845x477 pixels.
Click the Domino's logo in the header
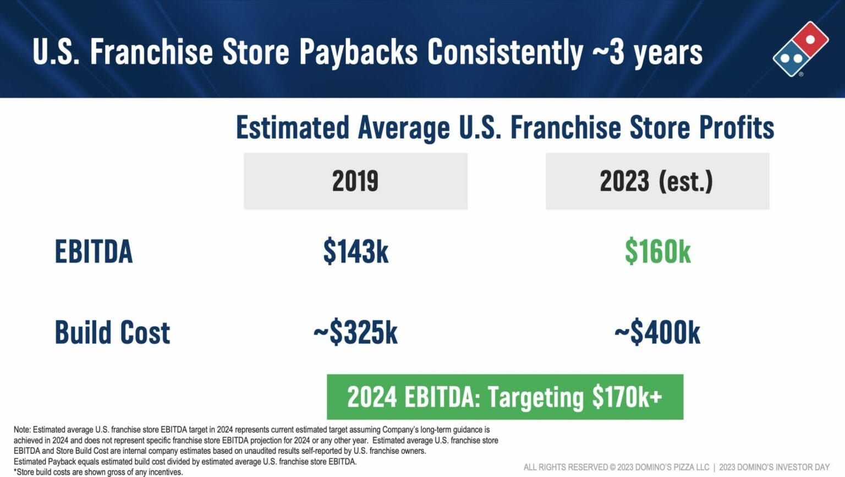pos(800,48)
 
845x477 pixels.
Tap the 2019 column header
pos(355,181)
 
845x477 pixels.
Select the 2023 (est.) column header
pos(657,181)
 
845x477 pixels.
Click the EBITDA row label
pos(94,251)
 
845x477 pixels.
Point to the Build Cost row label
pos(112,332)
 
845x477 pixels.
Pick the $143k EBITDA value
pos(356,251)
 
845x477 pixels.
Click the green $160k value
pos(658,251)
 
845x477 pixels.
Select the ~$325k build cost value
pos(355,332)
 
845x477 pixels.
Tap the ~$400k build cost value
pos(657,332)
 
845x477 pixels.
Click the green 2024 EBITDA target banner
pos(505,397)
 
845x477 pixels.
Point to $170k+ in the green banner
pos(627,397)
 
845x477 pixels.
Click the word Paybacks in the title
pos(358,52)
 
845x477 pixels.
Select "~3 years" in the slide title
pos(648,52)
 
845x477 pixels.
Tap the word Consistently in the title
pos(505,52)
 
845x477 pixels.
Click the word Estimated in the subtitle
pos(293,127)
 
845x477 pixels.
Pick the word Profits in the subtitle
pos(737,127)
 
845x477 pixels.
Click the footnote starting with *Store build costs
pos(98,472)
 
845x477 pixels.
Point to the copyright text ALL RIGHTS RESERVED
pos(616,467)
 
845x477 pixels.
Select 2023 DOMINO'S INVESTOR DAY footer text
pos(775,467)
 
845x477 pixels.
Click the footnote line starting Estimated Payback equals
pos(185,462)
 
